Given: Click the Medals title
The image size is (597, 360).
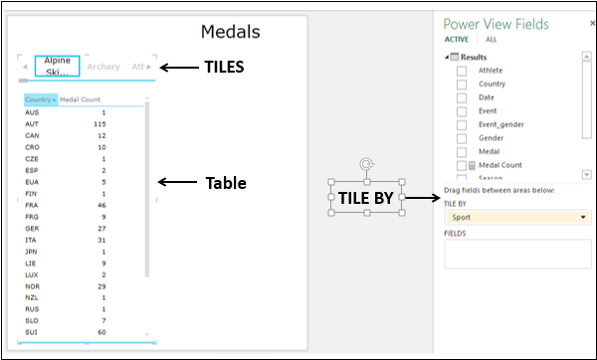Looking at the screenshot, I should click(230, 32).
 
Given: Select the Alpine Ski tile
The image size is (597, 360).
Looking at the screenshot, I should click(57, 67).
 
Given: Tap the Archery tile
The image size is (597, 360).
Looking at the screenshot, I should click(102, 67).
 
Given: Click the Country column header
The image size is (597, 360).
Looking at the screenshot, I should click(40, 100).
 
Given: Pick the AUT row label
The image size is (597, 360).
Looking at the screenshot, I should click(32, 123).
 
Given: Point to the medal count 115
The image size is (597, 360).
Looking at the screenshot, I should click(99, 123).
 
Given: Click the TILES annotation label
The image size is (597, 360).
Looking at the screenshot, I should click(224, 68).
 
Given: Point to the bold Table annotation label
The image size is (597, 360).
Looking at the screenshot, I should click(224, 183).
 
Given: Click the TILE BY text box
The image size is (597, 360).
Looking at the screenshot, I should click(366, 197).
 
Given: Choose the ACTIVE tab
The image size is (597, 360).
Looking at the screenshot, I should click(458, 40).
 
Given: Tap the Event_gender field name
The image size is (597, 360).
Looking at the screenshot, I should click(499, 124).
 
